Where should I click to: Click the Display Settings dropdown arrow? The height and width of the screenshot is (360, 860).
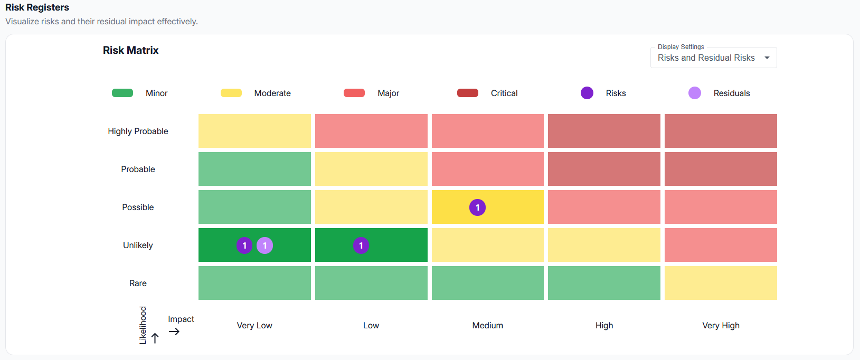click(x=767, y=58)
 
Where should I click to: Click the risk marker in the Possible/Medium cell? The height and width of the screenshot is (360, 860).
click(x=477, y=207)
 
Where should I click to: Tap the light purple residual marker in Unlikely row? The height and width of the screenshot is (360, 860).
click(x=264, y=245)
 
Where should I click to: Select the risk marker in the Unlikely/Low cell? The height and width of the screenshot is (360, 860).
click(x=361, y=245)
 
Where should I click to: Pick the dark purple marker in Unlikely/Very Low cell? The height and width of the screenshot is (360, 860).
click(x=244, y=245)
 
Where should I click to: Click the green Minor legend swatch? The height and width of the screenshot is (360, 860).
click(x=122, y=93)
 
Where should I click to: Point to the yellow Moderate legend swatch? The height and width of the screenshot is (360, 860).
click(x=231, y=93)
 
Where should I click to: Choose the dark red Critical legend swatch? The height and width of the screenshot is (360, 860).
click(x=468, y=93)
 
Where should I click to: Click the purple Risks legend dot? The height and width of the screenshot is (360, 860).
click(x=587, y=93)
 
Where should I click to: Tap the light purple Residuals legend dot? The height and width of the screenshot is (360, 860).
click(x=695, y=93)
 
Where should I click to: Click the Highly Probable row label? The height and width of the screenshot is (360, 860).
click(x=138, y=131)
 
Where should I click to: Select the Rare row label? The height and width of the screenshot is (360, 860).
click(x=138, y=283)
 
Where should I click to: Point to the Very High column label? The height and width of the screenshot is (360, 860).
click(x=721, y=326)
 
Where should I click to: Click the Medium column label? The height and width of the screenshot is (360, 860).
click(x=487, y=326)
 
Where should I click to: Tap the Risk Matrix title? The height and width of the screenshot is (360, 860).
click(x=130, y=51)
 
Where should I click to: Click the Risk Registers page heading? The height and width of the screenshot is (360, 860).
click(x=37, y=7)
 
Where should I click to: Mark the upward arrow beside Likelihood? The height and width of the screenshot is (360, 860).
click(x=155, y=338)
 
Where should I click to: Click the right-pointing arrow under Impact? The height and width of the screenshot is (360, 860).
click(x=174, y=331)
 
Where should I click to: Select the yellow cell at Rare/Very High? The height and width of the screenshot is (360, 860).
click(x=721, y=283)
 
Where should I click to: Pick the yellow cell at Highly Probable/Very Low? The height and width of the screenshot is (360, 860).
click(x=254, y=131)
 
